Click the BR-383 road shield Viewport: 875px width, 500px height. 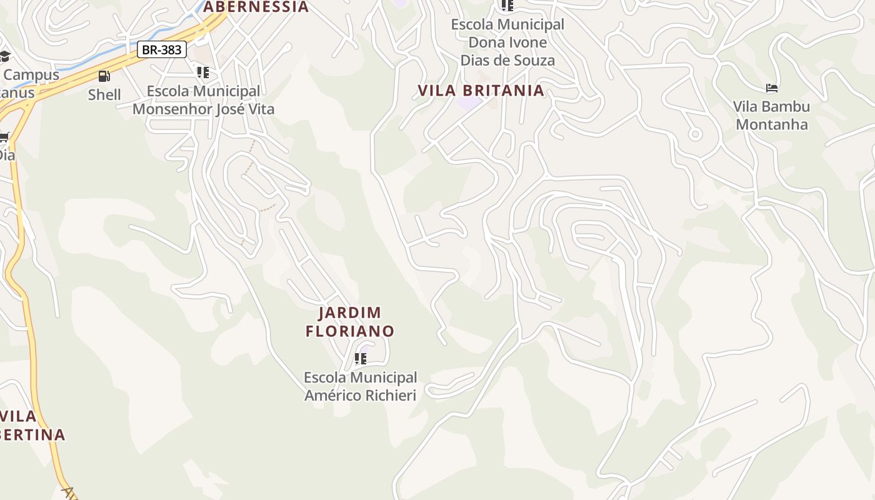(x=162, y=50)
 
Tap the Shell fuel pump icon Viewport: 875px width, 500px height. (x=104, y=76)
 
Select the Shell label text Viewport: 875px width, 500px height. (x=104, y=95)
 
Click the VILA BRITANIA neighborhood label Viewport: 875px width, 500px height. (x=481, y=91)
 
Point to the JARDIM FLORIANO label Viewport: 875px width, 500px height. (x=350, y=322)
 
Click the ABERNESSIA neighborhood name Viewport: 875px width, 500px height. (x=256, y=7)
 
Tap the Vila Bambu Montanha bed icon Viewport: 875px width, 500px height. (x=772, y=88)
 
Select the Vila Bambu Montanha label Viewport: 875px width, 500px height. (x=771, y=116)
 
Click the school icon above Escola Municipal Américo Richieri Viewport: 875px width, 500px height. (x=360, y=359)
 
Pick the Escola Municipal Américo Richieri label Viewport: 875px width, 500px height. (x=360, y=386)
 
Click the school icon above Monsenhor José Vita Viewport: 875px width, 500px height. (x=203, y=72)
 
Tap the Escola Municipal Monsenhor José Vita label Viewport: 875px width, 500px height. (x=203, y=100)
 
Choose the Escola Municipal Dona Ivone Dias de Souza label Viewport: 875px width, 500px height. (x=507, y=42)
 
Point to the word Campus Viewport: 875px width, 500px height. (x=31, y=75)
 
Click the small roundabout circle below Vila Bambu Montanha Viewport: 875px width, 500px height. (x=694, y=134)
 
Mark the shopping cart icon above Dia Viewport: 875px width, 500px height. (x=4, y=137)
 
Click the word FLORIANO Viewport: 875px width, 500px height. (x=350, y=331)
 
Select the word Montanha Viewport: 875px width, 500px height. (x=772, y=124)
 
